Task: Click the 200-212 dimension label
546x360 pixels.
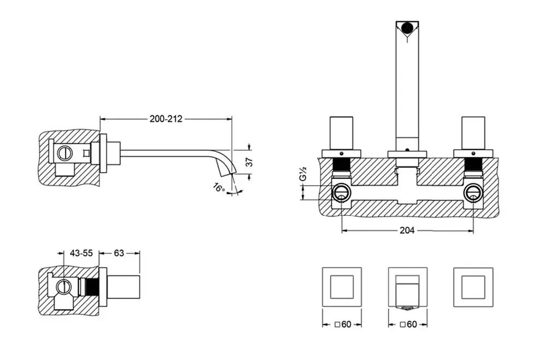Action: click(x=166, y=119)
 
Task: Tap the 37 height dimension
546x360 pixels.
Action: click(x=249, y=162)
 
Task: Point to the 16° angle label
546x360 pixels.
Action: click(x=219, y=187)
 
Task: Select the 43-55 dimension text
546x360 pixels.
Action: click(x=81, y=253)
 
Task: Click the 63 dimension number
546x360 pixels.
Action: click(x=119, y=253)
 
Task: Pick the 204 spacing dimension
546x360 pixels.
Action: click(x=407, y=231)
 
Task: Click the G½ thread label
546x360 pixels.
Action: click(x=302, y=174)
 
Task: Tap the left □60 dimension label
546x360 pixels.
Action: click(x=343, y=324)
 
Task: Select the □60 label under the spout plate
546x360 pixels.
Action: click(x=408, y=324)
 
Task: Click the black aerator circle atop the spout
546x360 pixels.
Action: click(x=407, y=27)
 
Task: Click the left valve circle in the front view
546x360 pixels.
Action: click(x=341, y=193)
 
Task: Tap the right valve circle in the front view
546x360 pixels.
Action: click(x=473, y=193)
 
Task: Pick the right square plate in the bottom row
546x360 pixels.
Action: click(x=473, y=287)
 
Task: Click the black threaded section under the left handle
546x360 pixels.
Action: click(x=341, y=164)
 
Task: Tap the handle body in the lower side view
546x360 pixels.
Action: click(x=123, y=287)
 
